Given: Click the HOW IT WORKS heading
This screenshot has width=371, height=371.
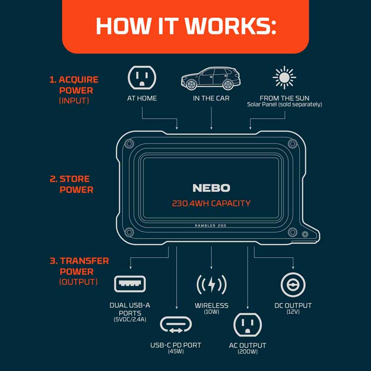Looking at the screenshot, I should (185, 26).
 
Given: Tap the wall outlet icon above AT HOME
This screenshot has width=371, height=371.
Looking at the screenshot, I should (142, 78).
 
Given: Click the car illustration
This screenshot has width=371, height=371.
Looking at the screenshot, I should (211, 78).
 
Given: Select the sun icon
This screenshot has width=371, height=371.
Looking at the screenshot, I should (284, 78).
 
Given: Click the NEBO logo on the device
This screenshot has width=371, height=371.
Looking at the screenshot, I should (211, 188).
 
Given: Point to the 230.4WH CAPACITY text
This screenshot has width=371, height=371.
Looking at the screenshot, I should (211, 203).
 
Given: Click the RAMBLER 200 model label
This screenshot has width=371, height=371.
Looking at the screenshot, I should (211, 225).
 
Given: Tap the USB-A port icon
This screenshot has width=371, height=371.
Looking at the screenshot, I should (130, 284).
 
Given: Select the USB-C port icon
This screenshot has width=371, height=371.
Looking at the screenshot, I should (176, 325).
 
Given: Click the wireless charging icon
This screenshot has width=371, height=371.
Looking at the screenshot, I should (211, 284).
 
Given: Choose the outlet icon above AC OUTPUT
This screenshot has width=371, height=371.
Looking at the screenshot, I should (247, 325).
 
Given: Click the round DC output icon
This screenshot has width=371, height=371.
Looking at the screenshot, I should (293, 284).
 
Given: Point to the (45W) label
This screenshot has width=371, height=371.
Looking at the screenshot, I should (176, 352).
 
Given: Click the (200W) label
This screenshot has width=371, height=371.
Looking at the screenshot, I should (247, 352).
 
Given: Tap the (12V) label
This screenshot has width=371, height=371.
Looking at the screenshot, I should (293, 312).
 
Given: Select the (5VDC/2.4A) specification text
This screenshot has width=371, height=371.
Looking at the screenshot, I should (130, 320).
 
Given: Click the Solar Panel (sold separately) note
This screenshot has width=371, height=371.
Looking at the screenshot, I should (284, 105).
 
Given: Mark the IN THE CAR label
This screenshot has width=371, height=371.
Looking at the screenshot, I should (211, 98).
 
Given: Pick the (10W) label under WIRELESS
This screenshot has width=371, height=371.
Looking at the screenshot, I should (211, 312).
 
